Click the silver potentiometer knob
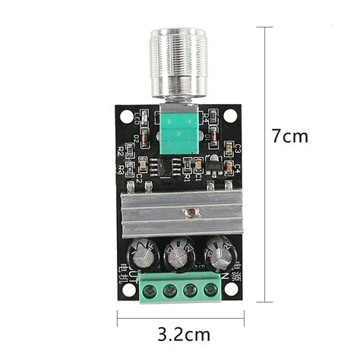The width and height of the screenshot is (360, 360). [x=180, y=64]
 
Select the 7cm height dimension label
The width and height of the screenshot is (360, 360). [x=290, y=137]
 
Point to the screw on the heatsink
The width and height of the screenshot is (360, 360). [x=194, y=213]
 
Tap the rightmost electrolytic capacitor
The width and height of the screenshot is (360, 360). [x=219, y=252]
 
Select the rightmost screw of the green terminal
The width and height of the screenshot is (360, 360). [x=210, y=290]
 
